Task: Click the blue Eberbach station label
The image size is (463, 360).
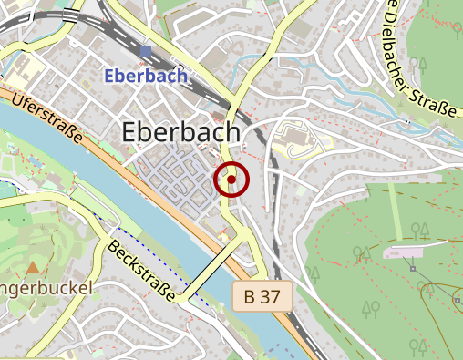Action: pos(146,76)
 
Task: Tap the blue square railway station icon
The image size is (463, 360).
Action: pos(146,53)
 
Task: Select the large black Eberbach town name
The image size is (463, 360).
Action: pos(180,133)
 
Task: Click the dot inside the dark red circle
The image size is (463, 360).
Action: pos(231,180)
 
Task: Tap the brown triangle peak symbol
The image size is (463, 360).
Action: pos(33,268)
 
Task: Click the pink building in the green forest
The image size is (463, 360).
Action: pos(404,252)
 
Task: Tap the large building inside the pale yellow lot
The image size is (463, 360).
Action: pos(293,139)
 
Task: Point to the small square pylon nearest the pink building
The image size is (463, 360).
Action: pos(413,269)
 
